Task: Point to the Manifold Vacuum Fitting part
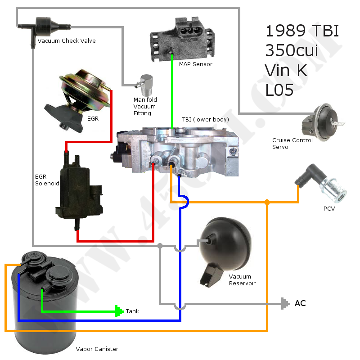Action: click(x=145, y=83)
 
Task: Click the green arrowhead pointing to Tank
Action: click(x=119, y=310)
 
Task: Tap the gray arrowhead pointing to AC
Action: click(x=284, y=304)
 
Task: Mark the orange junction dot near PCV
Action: click(x=267, y=202)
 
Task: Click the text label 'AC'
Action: click(x=300, y=303)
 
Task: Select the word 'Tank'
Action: click(x=133, y=311)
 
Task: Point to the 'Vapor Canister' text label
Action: click(x=97, y=349)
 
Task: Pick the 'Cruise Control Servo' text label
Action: click(x=292, y=144)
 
